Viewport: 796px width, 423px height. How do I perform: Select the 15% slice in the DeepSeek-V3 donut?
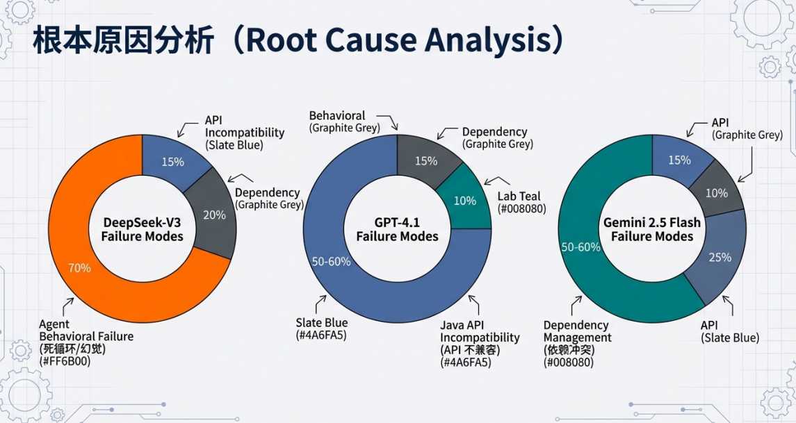[x=173, y=162]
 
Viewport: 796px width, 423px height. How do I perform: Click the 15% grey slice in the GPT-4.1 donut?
[x=425, y=161]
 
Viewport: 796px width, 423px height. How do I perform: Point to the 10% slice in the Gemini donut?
[x=716, y=192]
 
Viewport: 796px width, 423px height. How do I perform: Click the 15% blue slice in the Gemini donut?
[x=679, y=160]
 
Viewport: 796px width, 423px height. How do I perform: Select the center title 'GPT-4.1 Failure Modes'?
[x=398, y=229]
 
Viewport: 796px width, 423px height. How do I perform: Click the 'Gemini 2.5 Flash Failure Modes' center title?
[x=652, y=229]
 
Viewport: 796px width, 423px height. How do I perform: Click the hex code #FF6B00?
[x=65, y=361]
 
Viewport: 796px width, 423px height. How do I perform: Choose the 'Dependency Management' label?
[x=577, y=331]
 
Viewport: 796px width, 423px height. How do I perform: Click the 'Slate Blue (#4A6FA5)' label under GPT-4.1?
[x=321, y=329]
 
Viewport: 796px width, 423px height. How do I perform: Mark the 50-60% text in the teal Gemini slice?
[x=580, y=247]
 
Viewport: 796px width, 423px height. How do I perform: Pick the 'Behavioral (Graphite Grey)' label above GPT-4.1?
[x=345, y=121]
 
